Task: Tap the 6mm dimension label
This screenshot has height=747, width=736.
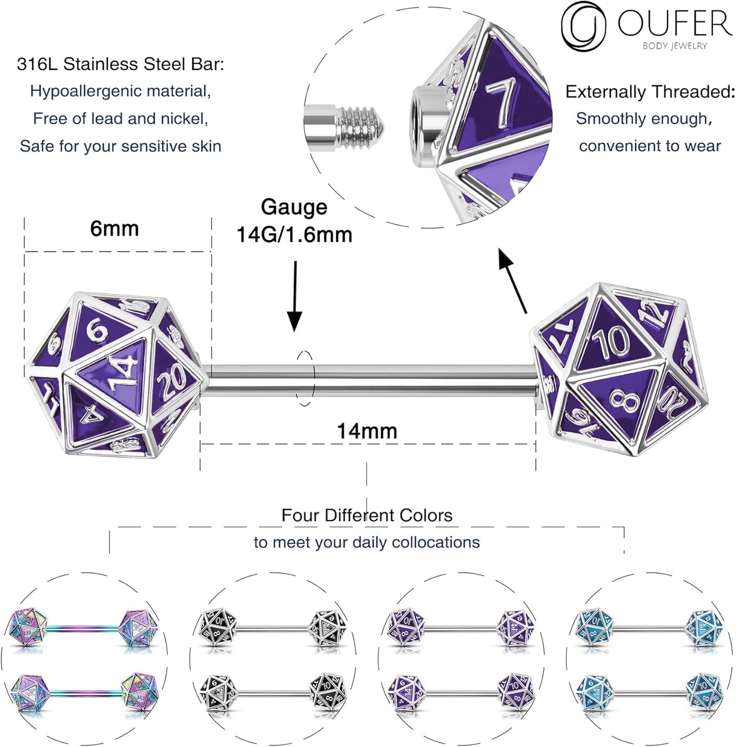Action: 115,229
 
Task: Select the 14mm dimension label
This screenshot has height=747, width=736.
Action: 367,431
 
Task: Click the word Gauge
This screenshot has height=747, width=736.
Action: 294,207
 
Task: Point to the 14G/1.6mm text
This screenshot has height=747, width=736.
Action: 294,235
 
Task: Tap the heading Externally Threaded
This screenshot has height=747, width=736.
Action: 650,92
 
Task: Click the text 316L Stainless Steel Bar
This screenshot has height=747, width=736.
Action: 120,64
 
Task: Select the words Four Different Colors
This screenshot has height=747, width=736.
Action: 367,515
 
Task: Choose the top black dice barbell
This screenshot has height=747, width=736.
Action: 272,628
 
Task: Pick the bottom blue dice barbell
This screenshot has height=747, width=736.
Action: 649,691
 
